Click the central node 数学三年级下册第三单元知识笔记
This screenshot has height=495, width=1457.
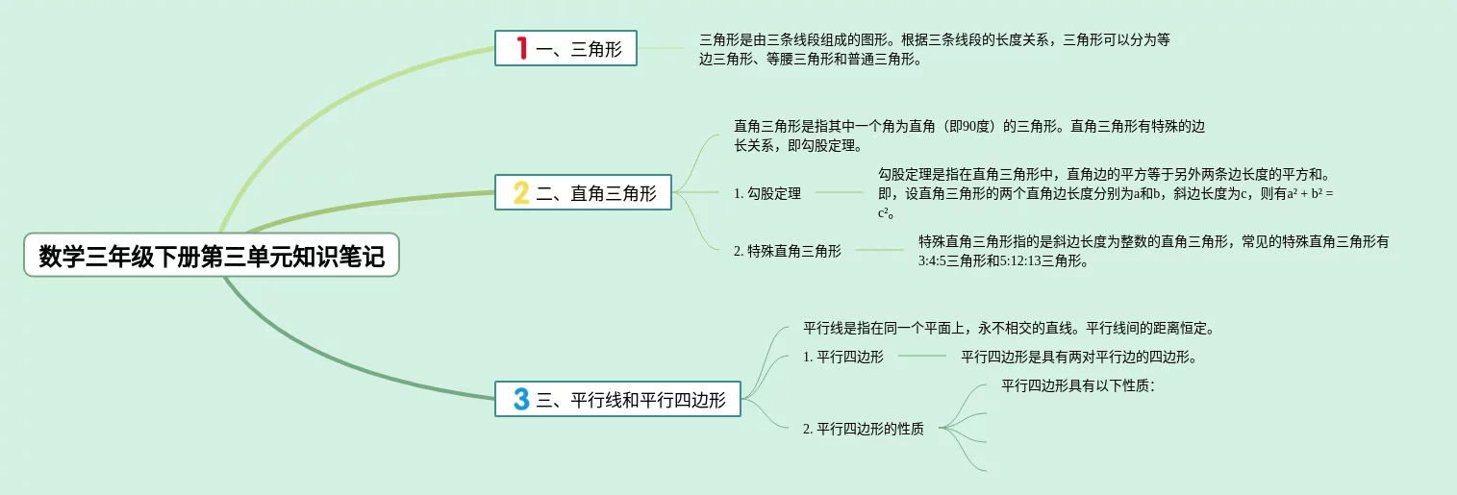point(212,255)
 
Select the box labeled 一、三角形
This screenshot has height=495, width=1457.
point(565,48)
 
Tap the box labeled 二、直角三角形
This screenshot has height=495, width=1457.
point(583,192)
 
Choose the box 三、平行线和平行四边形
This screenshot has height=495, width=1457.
point(618,399)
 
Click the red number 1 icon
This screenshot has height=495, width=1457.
point(521,48)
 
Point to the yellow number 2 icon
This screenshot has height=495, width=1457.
point(521,192)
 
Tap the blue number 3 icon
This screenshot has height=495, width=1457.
point(521,399)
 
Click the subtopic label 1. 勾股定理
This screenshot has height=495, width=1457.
point(767,193)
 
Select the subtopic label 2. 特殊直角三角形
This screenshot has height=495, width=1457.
point(788,251)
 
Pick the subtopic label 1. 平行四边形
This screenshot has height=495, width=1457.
point(843,357)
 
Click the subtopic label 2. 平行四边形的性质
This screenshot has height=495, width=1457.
point(864,429)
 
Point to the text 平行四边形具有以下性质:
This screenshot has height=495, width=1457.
point(1078,385)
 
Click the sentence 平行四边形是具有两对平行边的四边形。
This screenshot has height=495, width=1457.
point(1079,357)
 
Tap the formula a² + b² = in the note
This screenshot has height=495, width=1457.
point(1310,193)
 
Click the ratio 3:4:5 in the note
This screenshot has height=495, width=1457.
point(932,260)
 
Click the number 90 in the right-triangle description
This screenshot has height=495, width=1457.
point(969,126)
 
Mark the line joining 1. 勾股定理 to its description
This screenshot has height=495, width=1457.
point(840,192)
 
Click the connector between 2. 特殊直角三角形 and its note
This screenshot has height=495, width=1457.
point(880,250)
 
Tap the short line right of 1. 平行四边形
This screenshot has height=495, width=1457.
point(922,356)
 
